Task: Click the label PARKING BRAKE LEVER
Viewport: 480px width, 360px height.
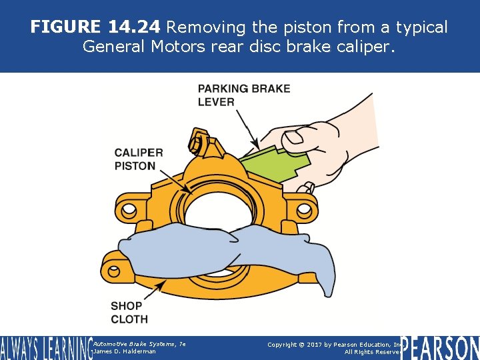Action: pos(243,95)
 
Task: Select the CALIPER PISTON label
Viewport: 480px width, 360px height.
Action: pos(138,159)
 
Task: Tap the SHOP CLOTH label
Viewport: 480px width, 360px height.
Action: pos(129,312)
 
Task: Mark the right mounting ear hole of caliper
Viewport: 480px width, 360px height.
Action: pos(305,210)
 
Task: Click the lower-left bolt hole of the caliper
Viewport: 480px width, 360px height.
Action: pos(114,271)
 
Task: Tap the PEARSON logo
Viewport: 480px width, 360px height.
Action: pos(440,347)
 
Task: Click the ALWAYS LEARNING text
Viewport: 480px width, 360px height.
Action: pos(45,347)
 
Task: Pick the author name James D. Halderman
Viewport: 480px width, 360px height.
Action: pos(125,351)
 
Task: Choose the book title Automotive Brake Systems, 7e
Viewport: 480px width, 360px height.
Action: pos(139,343)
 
